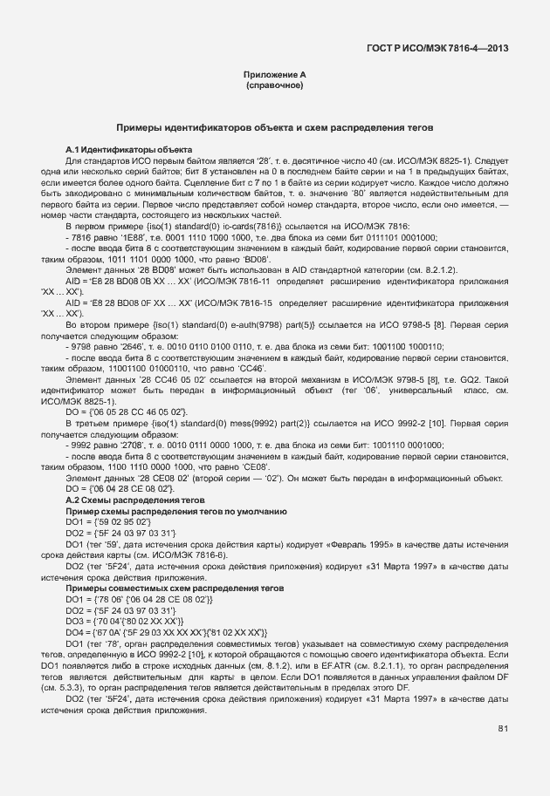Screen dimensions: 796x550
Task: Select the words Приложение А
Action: pos(275,76)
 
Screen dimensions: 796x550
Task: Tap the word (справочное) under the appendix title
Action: pos(275,87)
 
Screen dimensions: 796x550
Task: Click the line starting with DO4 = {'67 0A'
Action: pos(167,631)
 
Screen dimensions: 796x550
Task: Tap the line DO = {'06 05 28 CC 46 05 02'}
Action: pos(127,411)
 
